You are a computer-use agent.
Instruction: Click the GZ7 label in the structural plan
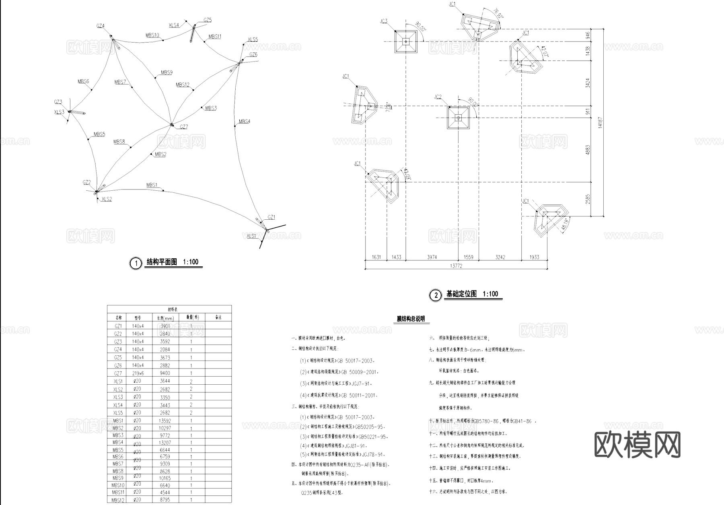[x=183, y=127]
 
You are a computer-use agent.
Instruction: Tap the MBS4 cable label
[x=244, y=121]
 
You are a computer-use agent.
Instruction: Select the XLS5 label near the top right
[x=253, y=39]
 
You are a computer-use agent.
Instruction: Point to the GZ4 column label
[x=100, y=26]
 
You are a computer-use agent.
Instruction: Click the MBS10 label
[x=152, y=35]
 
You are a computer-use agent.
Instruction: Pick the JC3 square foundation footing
[x=406, y=41]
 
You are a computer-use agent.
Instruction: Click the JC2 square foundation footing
[x=458, y=117]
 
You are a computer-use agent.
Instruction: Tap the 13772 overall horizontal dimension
[x=456, y=266]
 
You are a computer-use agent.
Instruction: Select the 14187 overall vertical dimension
[x=600, y=123]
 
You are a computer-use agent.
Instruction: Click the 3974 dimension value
[x=432, y=257]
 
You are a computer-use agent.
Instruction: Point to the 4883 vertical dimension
[x=588, y=150]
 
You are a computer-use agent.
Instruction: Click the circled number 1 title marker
[x=136, y=263]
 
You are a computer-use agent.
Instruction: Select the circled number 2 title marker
[x=435, y=296]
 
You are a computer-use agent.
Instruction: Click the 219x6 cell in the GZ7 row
[x=138, y=373]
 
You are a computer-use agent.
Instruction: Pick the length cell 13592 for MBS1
[x=165, y=421]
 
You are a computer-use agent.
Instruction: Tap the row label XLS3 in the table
[x=118, y=397]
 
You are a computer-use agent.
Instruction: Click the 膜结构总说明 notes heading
[x=411, y=319]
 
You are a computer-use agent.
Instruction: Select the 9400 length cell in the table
[x=165, y=373]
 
